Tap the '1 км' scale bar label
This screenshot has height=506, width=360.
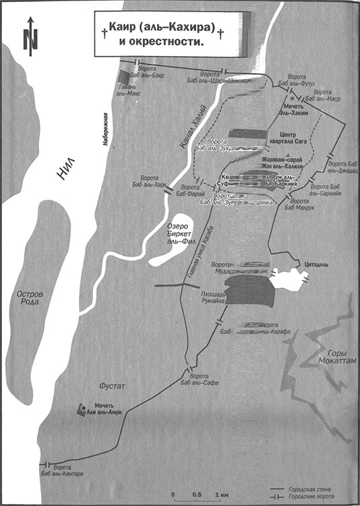coord(220,496)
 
